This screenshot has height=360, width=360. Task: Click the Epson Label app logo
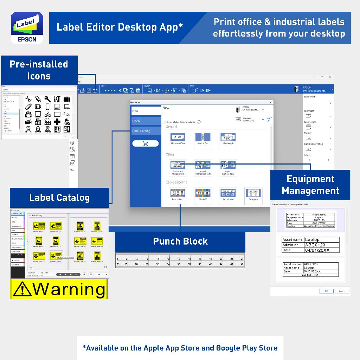pyautogui.click(x=27, y=27)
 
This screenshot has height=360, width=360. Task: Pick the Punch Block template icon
pyautogui.click(x=178, y=194)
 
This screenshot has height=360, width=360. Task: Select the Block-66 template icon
pyautogui.click(x=203, y=194)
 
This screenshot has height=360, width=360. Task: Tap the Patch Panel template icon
pyautogui.click(x=228, y=194)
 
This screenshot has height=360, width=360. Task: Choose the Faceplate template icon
pyautogui.click(x=253, y=194)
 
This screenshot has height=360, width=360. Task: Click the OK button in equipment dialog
pyautogui.click(x=326, y=291)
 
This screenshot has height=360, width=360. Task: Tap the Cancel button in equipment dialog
pyautogui.click(x=342, y=291)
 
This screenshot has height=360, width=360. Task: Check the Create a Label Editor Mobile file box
pyautogui.click(x=165, y=122)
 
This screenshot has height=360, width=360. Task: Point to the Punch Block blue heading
pyautogui.click(x=180, y=242)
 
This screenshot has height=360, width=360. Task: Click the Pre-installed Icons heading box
pyautogui.click(x=39, y=70)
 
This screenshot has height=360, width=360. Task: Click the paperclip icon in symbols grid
pyautogui.click(x=29, y=106)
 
